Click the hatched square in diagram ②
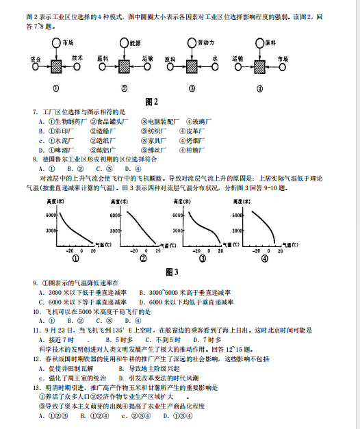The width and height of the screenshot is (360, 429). tap(125, 66)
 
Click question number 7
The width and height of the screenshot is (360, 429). tap(34, 112)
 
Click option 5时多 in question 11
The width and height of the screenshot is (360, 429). tap(124, 339)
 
